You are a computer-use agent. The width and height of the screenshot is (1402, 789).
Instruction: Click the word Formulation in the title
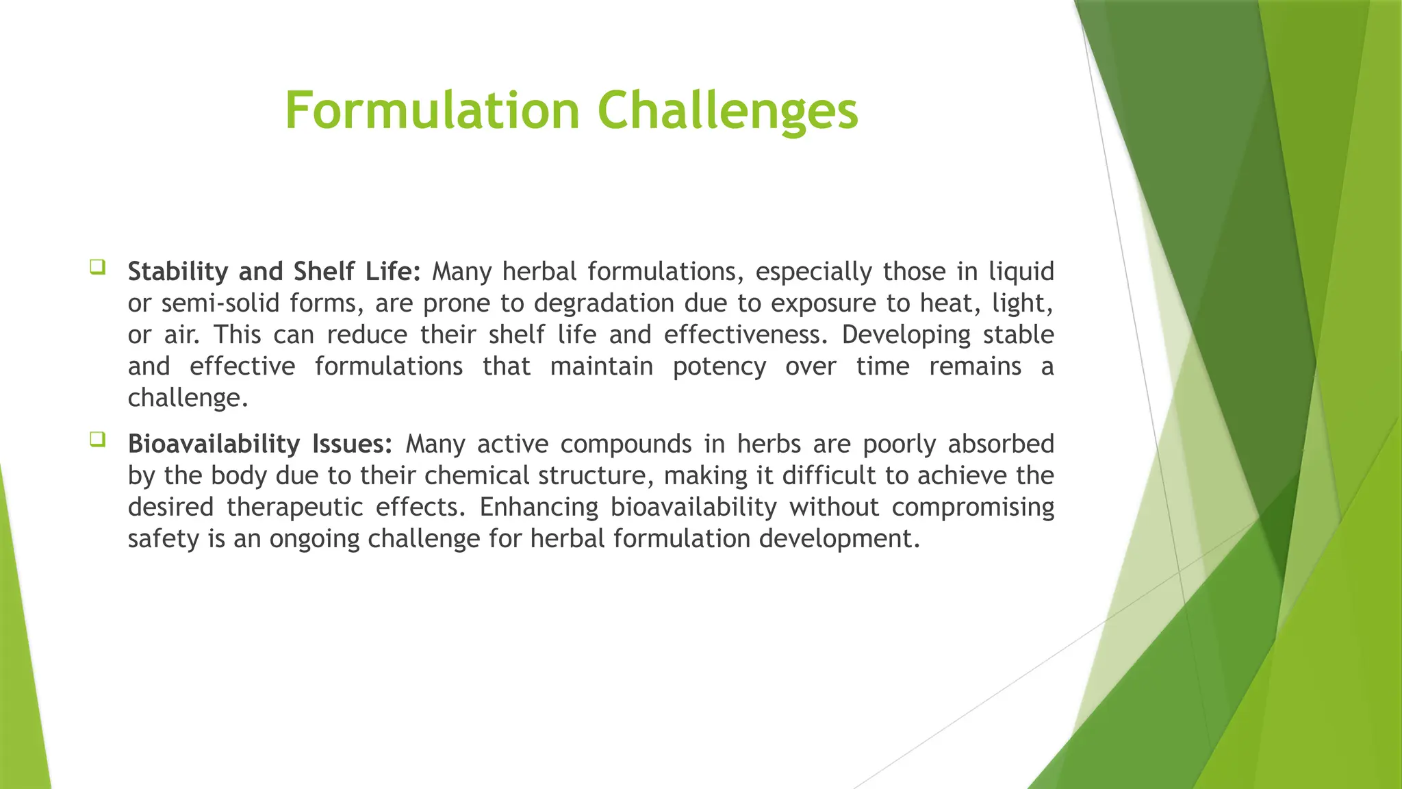pyautogui.click(x=432, y=111)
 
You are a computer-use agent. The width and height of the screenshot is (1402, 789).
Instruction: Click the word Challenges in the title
pyautogui.click(x=728, y=111)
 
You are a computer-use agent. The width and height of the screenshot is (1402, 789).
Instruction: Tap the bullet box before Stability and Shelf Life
pyautogui.click(x=97, y=266)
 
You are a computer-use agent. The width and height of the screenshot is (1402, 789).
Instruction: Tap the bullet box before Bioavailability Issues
pyautogui.click(x=97, y=439)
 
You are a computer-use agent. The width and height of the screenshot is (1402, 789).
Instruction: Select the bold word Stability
pyautogui.click(x=178, y=272)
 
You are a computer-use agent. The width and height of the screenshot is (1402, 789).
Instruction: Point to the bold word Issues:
pyautogui.click(x=352, y=444)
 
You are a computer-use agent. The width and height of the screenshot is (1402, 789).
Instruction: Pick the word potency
pyautogui.click(x=719, y=366)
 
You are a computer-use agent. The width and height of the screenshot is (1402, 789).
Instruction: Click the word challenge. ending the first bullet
pyautogui.click(x=188, y=398)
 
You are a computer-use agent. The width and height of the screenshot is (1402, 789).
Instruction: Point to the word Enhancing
pyautogui.click(x=539, y=508)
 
